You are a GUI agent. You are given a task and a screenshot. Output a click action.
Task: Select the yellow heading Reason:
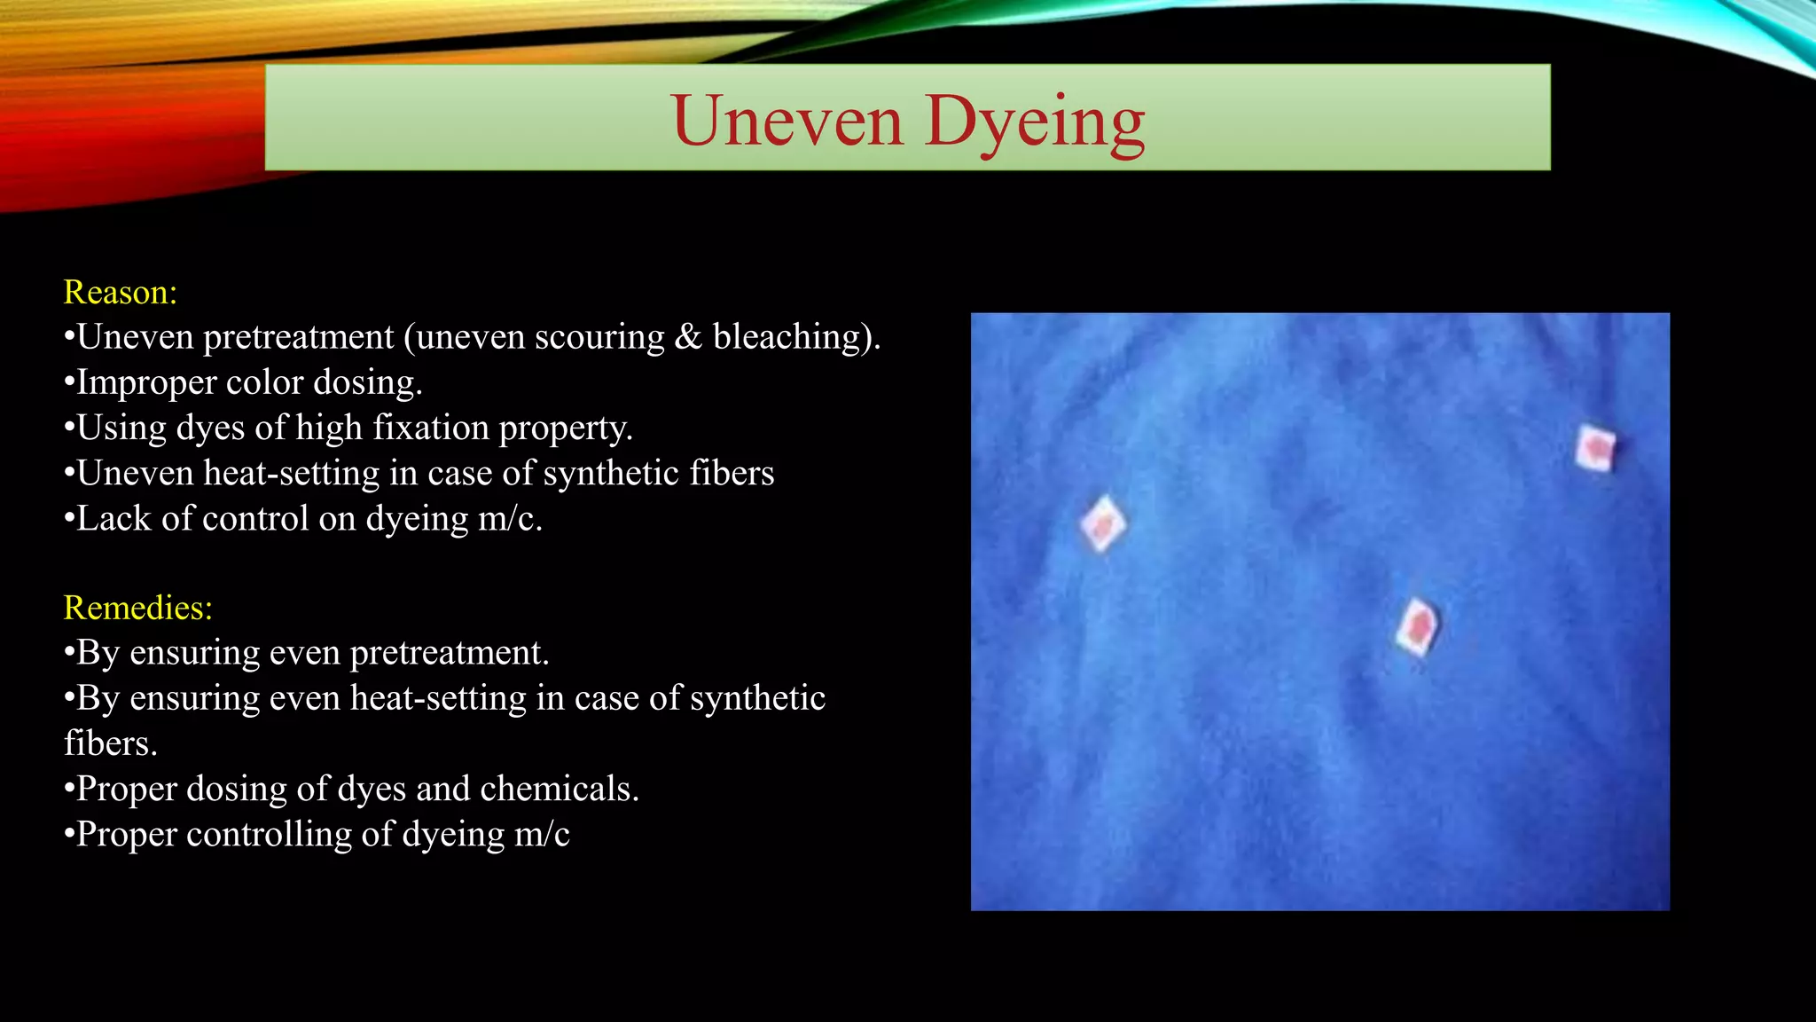(x=121, y=292)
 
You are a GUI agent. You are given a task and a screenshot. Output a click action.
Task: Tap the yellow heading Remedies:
(x=138, y=608)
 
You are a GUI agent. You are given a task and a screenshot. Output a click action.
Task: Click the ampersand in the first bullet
(x=688, y=337)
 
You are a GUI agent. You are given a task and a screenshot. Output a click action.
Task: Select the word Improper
(x=145, y=382)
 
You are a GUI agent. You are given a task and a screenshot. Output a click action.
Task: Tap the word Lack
(x=113, y=518)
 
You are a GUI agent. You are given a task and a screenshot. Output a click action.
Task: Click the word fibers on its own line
(x=110, y=743)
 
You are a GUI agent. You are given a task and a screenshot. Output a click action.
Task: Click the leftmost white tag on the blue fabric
(x=1103, y=523)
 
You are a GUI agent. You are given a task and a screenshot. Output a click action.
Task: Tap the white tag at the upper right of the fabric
(x=1595, y=448)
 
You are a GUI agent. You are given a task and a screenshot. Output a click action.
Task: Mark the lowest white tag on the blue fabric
(x=1417, y=626)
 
